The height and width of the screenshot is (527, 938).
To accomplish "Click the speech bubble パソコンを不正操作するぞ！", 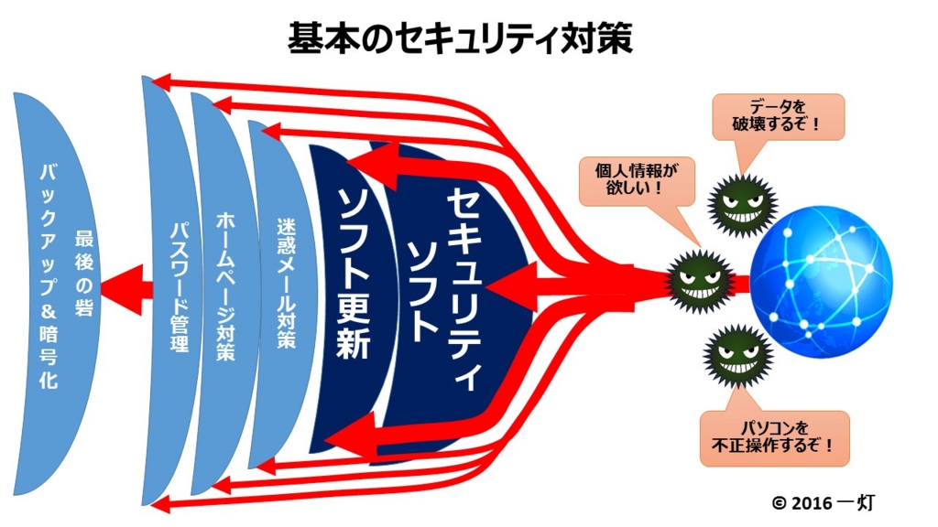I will (x=774, y=437).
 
